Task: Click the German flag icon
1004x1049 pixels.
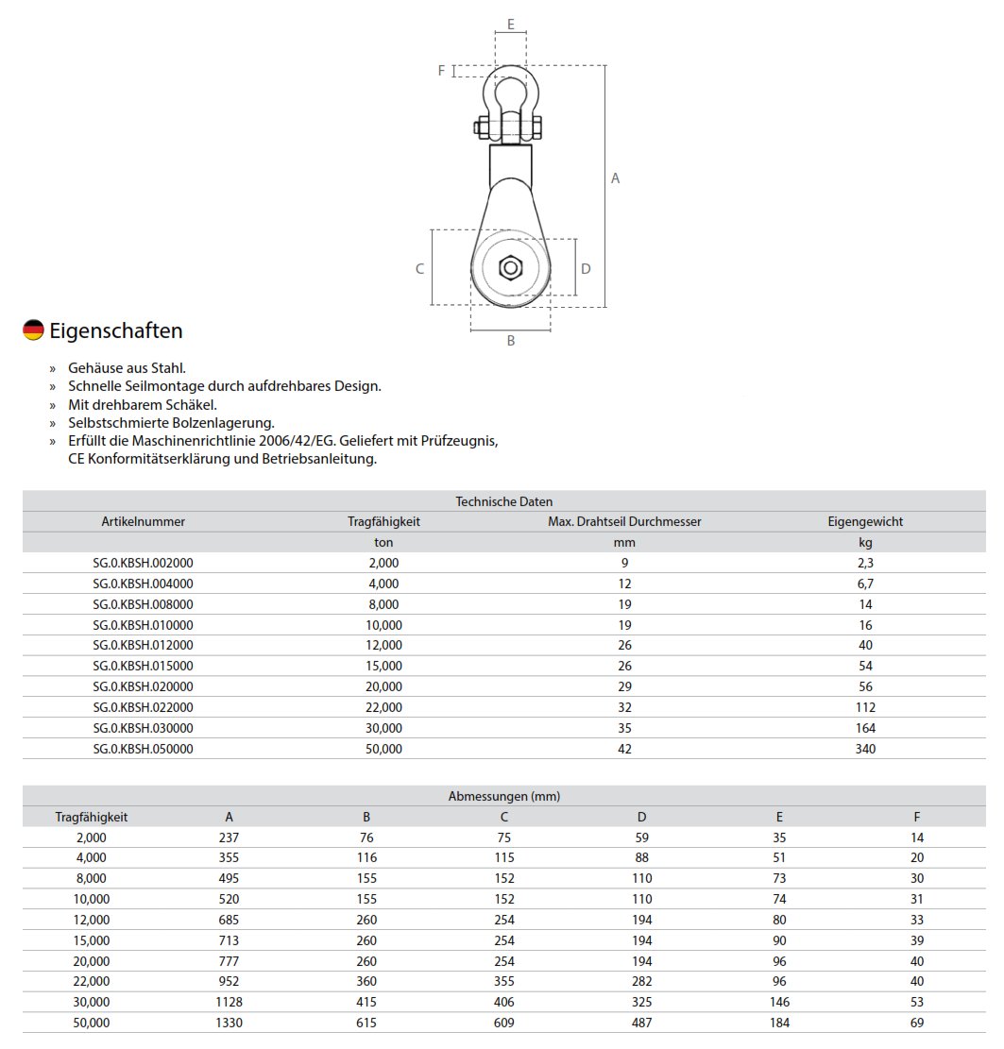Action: click(x=33, y=330)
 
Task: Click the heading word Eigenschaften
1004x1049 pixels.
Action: click(x=116, y=330)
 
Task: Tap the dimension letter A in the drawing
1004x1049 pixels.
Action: click(x=616, y=178)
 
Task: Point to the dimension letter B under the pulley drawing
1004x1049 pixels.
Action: click(x=511, y=341)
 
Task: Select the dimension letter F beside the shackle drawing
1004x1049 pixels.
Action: click(x=441, y=71)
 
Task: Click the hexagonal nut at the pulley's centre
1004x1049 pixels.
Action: click(x=510, y=269)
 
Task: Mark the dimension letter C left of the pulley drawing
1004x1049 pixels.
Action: click(x=420, y=269)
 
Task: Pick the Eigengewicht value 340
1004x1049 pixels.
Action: click(x=864, y=749)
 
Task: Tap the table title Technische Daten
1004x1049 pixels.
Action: click(x=503, y=501)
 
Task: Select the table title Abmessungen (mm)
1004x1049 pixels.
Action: click(x=503, y=796)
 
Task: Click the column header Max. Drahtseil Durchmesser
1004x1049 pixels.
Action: click(x=624, y=521)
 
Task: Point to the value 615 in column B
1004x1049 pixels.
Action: click(x=366, y=1023)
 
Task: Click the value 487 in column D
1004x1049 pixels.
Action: click(x=641, y=1023)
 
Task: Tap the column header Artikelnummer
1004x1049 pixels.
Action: click(x=143, y=521)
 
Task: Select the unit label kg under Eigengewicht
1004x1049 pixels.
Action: click(x=864, y=542)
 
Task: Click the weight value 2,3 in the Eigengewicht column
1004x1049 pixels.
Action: click(x=864, y=563)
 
